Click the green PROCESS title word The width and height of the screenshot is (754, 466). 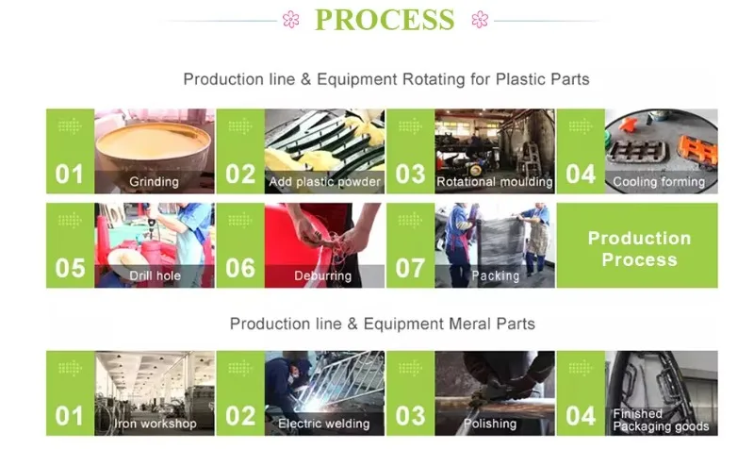(x=385, y=20)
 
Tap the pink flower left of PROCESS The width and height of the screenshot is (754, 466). (x=291, y=19)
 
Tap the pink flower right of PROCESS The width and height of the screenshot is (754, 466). (x=480, y=19)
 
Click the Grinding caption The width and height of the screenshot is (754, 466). (x=154, y=181)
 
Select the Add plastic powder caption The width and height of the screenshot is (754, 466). (x=324, y=181)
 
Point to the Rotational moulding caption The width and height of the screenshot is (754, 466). (x=495, y=181)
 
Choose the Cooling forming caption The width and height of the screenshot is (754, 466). (x=659, y=181)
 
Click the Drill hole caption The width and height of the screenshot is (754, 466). (x=155, y=275)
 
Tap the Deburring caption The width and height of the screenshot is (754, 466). (x=322, y=275)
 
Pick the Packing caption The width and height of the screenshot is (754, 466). (x=496, y=275)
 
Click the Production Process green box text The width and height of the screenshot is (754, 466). (x=639, y=249)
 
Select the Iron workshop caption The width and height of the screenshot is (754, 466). (x=156, y=424)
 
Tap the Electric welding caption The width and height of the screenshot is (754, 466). (x=323, y=424)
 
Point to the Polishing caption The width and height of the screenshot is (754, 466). (x=490, y=424)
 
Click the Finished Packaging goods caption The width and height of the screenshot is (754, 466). (x=661, y=420)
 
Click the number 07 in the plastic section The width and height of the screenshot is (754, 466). (x=410, y=268)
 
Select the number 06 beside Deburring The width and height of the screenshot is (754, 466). (x=240, y=268)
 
